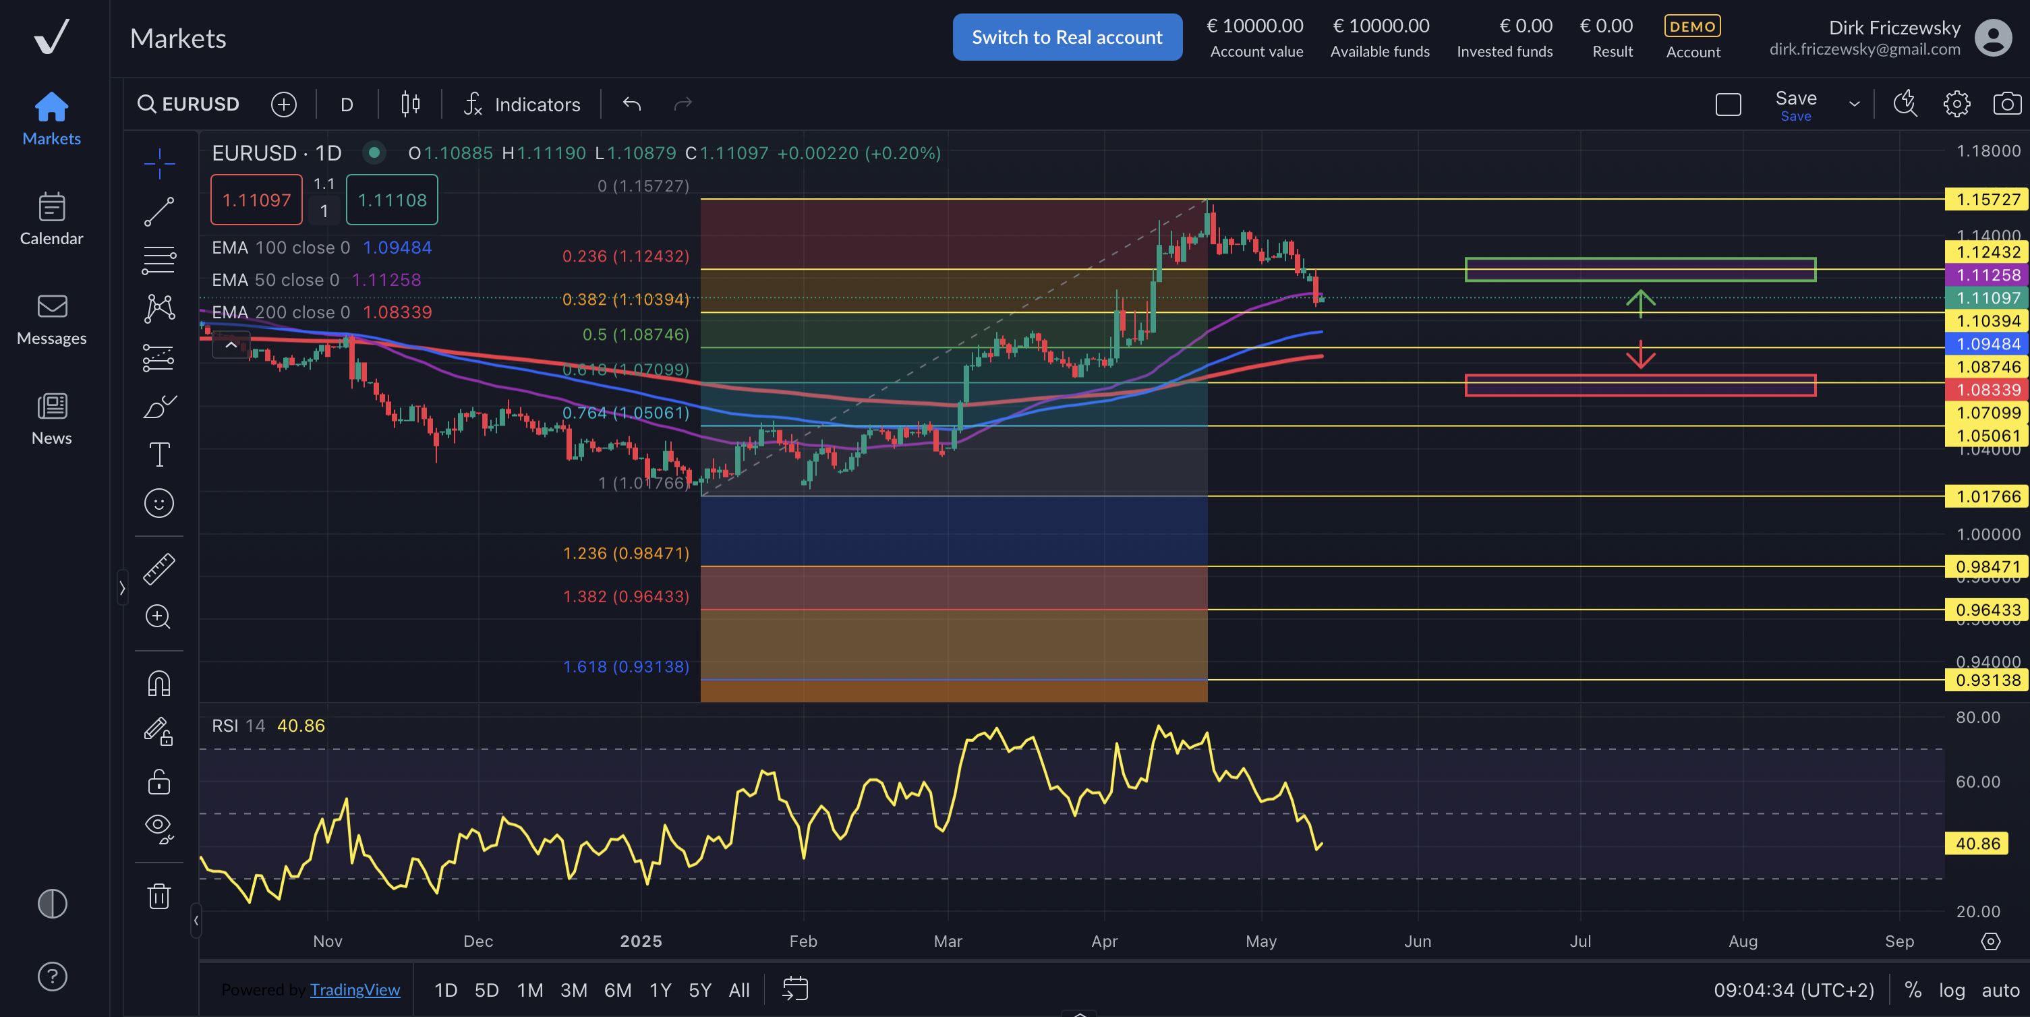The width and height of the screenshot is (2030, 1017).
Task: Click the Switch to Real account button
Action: tap(1066, 37)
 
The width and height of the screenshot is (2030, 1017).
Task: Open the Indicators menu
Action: tap(523, 104)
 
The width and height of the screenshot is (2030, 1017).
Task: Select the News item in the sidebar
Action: tap(51, 418)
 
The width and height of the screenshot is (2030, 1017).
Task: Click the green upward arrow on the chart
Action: tap(1640, 303)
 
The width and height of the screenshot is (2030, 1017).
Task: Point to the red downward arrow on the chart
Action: tap(1640, 355)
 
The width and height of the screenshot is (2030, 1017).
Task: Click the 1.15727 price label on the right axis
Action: tap(1987, 200)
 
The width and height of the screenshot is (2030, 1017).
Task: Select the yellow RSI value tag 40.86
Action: tap(1977, 843)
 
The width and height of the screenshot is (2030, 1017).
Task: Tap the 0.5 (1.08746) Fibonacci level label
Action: tap(635, 334)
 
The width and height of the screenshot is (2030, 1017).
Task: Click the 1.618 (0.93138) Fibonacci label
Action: tap(626, 666)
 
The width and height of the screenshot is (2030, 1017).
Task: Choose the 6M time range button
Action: tap(617, 989)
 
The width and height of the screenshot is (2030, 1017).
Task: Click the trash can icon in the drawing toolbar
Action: tap(159, 896)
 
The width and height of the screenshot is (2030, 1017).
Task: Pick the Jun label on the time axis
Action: tap(1417, 941)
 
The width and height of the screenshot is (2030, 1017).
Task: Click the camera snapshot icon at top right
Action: tap(2006, 104)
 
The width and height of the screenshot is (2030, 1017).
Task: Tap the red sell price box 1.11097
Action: tap(256, 200)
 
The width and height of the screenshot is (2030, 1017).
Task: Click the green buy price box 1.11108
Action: tap(392, 200)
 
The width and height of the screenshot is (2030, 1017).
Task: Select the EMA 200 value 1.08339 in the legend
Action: tap(397, 312)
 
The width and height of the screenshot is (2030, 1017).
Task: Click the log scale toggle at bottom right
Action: tap(1951, 989)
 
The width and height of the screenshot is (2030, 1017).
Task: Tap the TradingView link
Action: tap(355, 989)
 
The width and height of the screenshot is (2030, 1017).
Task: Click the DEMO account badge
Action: tap(1692, 27)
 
